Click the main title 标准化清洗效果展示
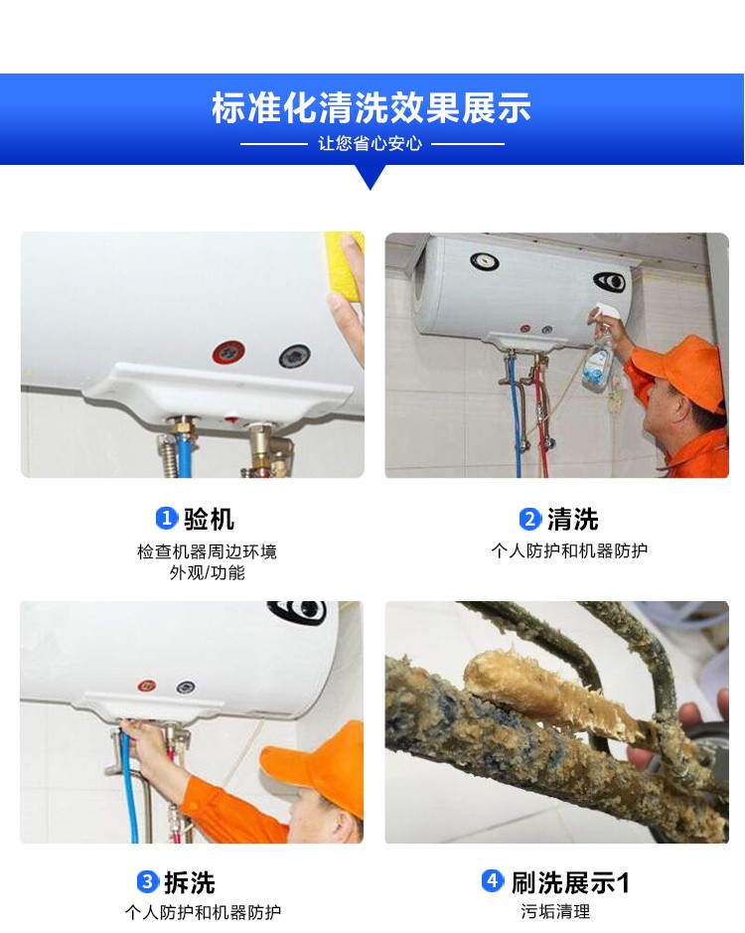pyautogui.click(x=372, y=107)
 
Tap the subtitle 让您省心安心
pyautogui.click(x=370, y=143)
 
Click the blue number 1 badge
pyautogui.click(x=166, y=519)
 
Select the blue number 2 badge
pyautogui.click(x=529, y=519)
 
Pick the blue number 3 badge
pyautogui.click(x=147, y=881)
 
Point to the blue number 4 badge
pyautogui.click(x=492, y=880)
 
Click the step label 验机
pyautogui.click(x=209, y=519)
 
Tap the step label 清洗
pyautogui.click(x=572, y=519)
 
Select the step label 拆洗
pyautogui.click(x=189, y=881)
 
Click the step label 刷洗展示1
pyautogui.click(x=570, y=881)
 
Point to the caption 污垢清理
pyautogui.click(x=555, y=911)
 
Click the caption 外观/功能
pyautogui.click(x=207, y=572)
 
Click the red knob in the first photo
pyautogui.click(x=228, y=353)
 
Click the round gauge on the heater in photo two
pyautogui.click(x=485, y=260)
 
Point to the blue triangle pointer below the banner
pyautogui.click(x=371, y=177)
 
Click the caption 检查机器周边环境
pyautogui.click(x=207, y=551)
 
